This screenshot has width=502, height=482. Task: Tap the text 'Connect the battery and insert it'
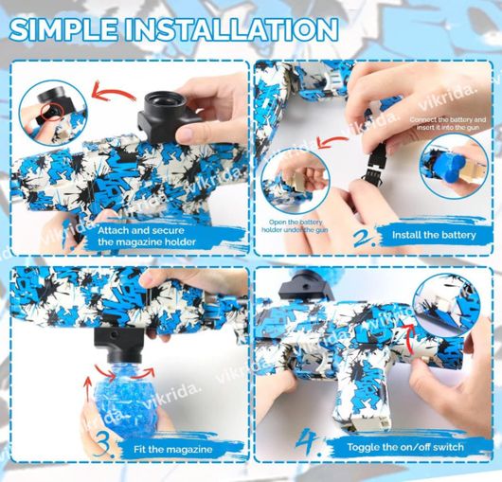(448, 124)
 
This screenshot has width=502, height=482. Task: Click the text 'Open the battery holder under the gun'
(292, 227)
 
